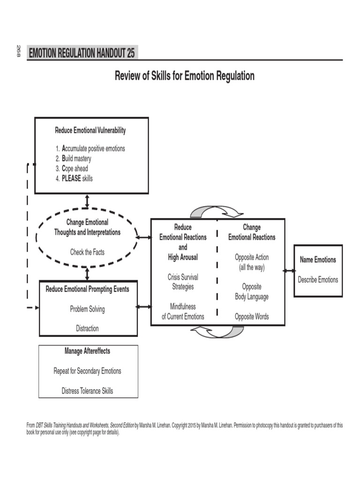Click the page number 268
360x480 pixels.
[x=19, y=51]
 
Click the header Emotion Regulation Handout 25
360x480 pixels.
[x=82, y=53]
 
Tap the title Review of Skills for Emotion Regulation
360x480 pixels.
[x=185, y=76]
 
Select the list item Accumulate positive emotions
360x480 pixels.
[x=90, y=149]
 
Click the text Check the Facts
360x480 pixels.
[x=87, y=252]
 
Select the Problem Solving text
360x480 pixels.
[x=87, y=309]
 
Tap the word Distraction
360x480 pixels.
[x=87, y=329]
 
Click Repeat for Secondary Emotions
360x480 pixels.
[x=87, y=371]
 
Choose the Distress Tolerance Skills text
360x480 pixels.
[x=87, y=390]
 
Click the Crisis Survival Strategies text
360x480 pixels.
[x=183, y=282]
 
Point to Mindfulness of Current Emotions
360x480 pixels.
[x=183, y=311]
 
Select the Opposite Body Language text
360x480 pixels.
[x=252, y=292]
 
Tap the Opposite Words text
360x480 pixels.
[x=252, y=316]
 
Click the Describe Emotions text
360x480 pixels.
[x=318, y=279]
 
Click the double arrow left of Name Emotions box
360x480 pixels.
[x=289, y=270]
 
